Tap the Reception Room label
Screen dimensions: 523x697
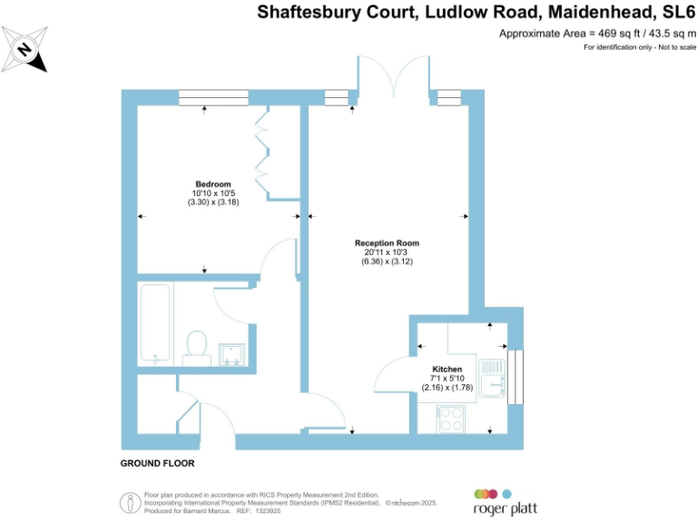(x=387, y=243)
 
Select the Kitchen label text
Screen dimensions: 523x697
(x=447, y=369)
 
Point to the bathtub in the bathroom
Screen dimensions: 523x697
(x=155, y=323)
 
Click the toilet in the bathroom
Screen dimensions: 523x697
(x=196, y=346)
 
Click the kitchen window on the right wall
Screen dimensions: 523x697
(x=517, y=377)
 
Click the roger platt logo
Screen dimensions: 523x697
(x=498, y=503)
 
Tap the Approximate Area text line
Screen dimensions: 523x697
(x=596, y=34)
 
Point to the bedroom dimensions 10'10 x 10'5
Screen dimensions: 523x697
(x=212, y=193)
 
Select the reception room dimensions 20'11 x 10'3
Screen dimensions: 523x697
(x=387, y=252)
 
